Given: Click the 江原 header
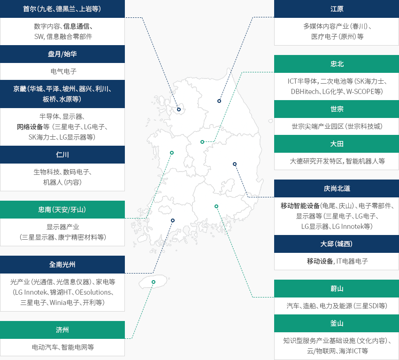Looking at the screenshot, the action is click(x=337, y=9).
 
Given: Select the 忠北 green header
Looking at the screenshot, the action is click(x=337, y=64).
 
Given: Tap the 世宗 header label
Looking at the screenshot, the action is click(x=337, y=109).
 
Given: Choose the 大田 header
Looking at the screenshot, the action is click(x=337, y=144).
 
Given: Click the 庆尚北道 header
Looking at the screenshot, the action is click(x=337, y=188).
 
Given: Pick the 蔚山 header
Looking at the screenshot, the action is click(x=337, y=289).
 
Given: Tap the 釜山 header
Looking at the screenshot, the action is click(x=337, y=323).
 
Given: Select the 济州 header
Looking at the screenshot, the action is click(x=62, y=330).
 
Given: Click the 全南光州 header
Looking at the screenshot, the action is click(x=62, y=265).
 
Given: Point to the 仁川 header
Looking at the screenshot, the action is click(x=62, y=155).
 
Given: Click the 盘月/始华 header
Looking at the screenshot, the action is click(x=62, y=54).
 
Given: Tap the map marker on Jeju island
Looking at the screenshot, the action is click(x=153, y=282).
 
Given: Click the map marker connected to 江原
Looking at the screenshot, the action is click(x=219, y=101).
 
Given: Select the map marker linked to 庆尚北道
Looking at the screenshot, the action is click(x=235, y=164).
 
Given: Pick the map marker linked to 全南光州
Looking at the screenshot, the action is click(x=173, y=220).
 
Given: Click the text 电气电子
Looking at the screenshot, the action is click(x=63, y=71).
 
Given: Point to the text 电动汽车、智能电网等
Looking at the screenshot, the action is click(x=63, y=347).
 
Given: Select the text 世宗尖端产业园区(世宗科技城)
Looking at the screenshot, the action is click(x=337, y=126).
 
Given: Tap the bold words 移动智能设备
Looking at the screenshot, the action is click(x=300, y=206).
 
